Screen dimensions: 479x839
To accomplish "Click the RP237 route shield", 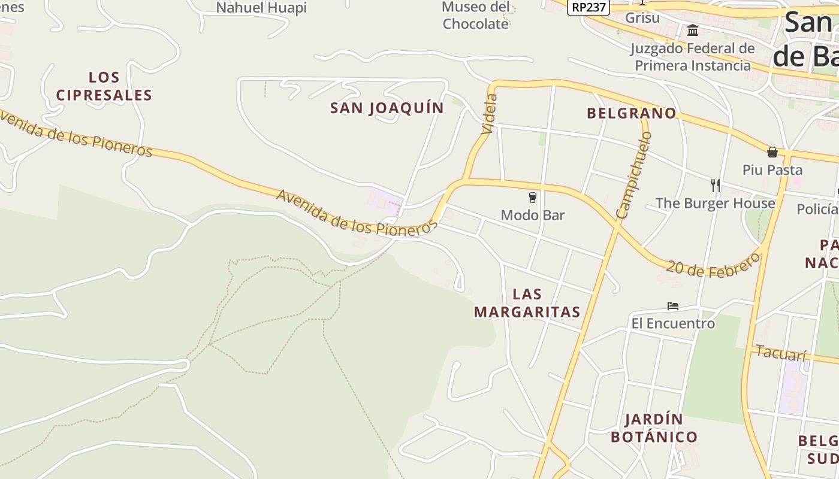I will [588, 7].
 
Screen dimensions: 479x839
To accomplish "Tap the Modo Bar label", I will [532, 215].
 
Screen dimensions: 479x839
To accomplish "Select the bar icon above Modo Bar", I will [532, 197].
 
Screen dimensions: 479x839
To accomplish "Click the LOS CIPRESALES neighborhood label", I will [104, 86].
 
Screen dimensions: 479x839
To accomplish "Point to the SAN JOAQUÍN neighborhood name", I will [387, 108].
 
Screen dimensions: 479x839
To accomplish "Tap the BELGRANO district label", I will [631, 113].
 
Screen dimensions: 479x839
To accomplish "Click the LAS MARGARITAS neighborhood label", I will [527, 303].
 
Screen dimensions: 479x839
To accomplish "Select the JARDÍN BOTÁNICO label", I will [654, 428].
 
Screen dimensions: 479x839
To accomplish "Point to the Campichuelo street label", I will [633, 175].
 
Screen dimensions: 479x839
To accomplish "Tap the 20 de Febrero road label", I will [713, 265].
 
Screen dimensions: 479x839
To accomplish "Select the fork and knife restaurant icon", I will [715, 185].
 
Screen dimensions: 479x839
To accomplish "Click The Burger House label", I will [715, 204].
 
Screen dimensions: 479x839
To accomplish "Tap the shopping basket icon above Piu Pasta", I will [772, 152].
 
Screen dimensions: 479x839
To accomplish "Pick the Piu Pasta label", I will [772, 169].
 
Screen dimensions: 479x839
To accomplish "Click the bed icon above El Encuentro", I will [673, 306].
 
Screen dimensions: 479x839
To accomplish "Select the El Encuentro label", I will [673, 324].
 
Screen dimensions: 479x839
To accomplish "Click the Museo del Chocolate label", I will [475, 16].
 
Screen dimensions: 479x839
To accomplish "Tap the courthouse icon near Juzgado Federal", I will [693, 30].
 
